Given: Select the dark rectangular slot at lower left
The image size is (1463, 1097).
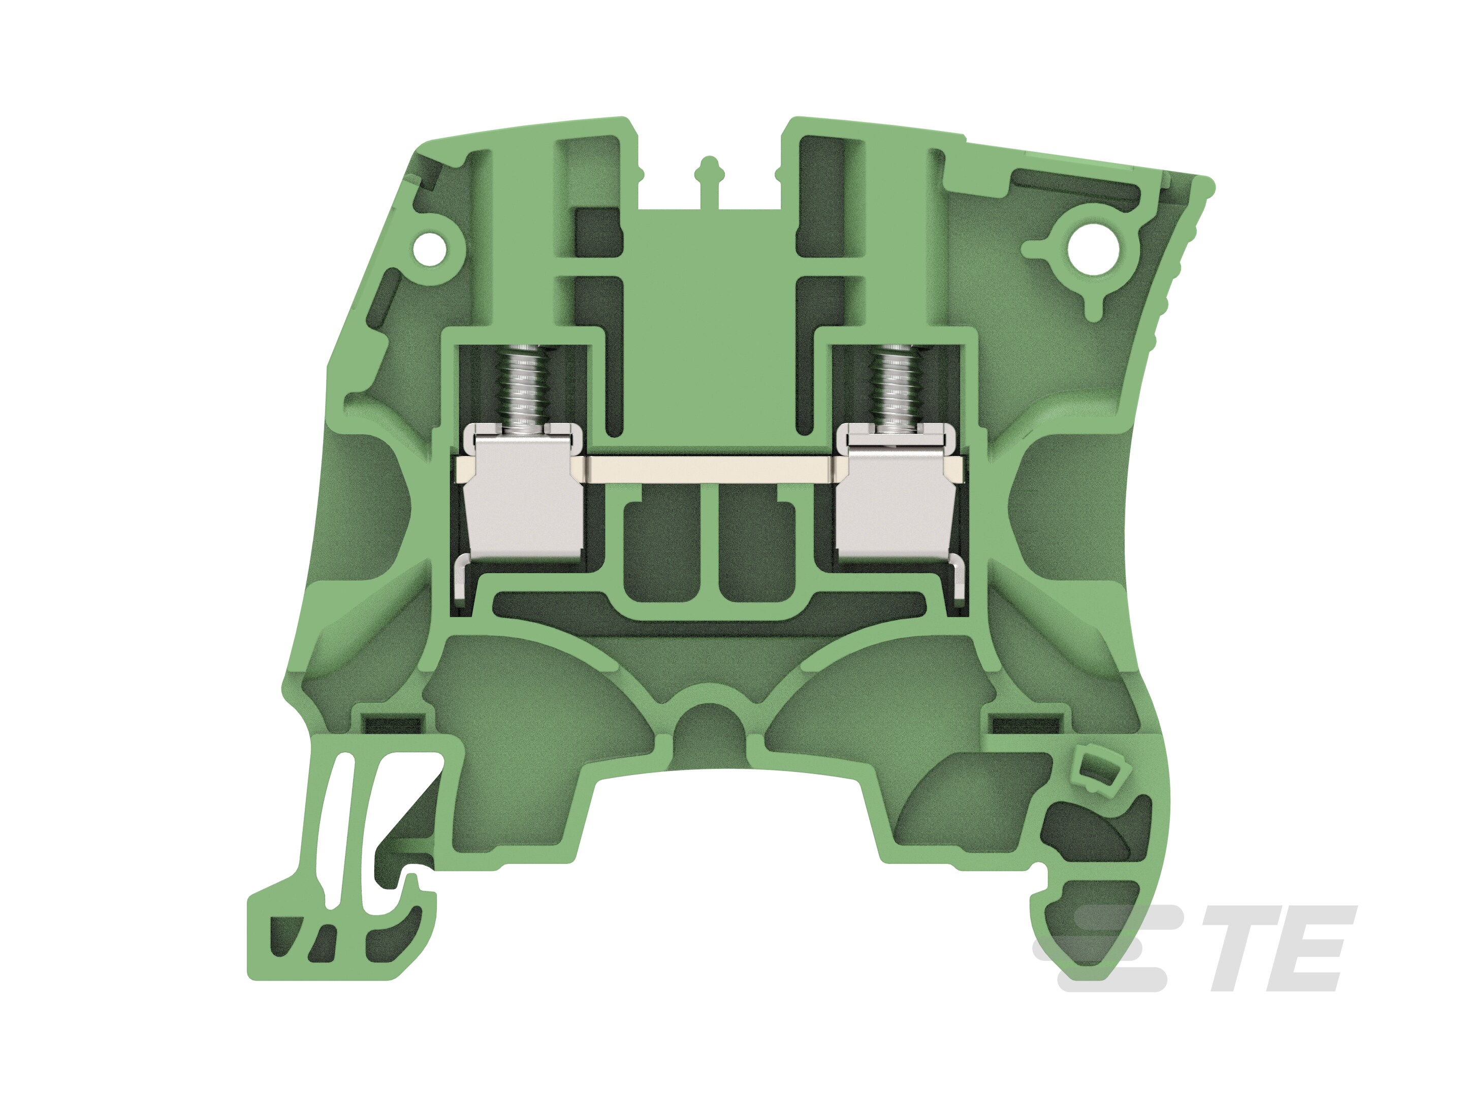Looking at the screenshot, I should tap(394, 725).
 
